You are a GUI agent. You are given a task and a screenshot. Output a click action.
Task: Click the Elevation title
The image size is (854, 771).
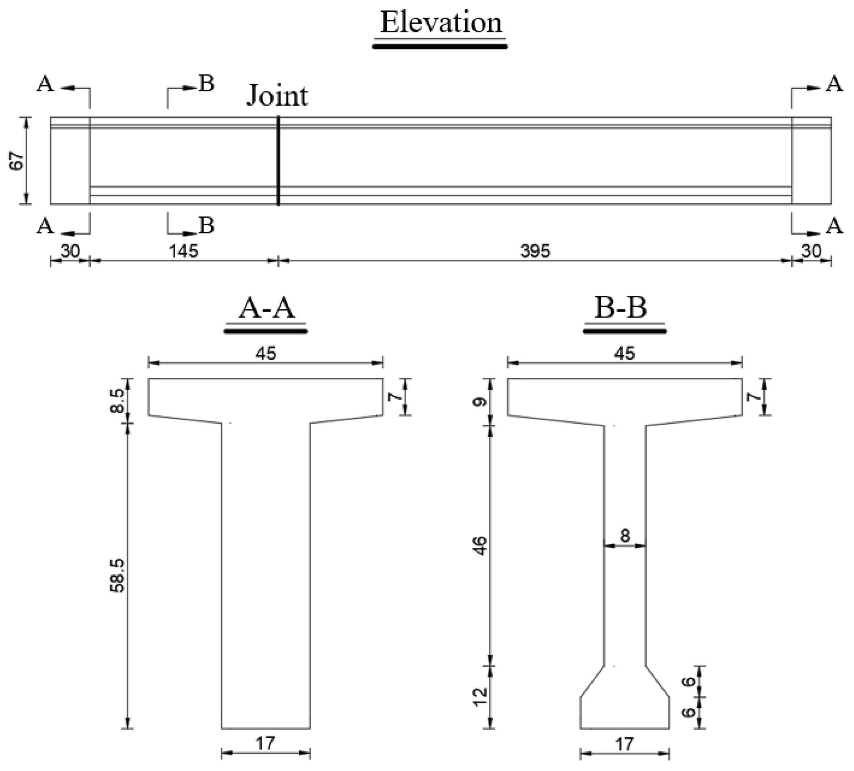[x=441, y=23]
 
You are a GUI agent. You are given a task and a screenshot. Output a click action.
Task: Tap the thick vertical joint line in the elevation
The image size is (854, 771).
[x=278, y=161]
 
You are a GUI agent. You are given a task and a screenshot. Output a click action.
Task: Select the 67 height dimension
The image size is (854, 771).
[x=17, y=161]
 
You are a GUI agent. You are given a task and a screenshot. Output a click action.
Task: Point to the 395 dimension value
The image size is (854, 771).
[x=535, y=252]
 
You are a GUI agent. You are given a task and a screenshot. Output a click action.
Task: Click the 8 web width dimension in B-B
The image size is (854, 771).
[x=625, y=536]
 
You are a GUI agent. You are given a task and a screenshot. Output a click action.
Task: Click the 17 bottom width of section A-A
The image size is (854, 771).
[x=266, y=743]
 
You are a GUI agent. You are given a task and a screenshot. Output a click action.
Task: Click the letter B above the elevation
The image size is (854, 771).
[x=207, y=84]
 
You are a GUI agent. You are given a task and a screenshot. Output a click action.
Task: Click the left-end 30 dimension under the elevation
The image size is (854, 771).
[x=70, y=252]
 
